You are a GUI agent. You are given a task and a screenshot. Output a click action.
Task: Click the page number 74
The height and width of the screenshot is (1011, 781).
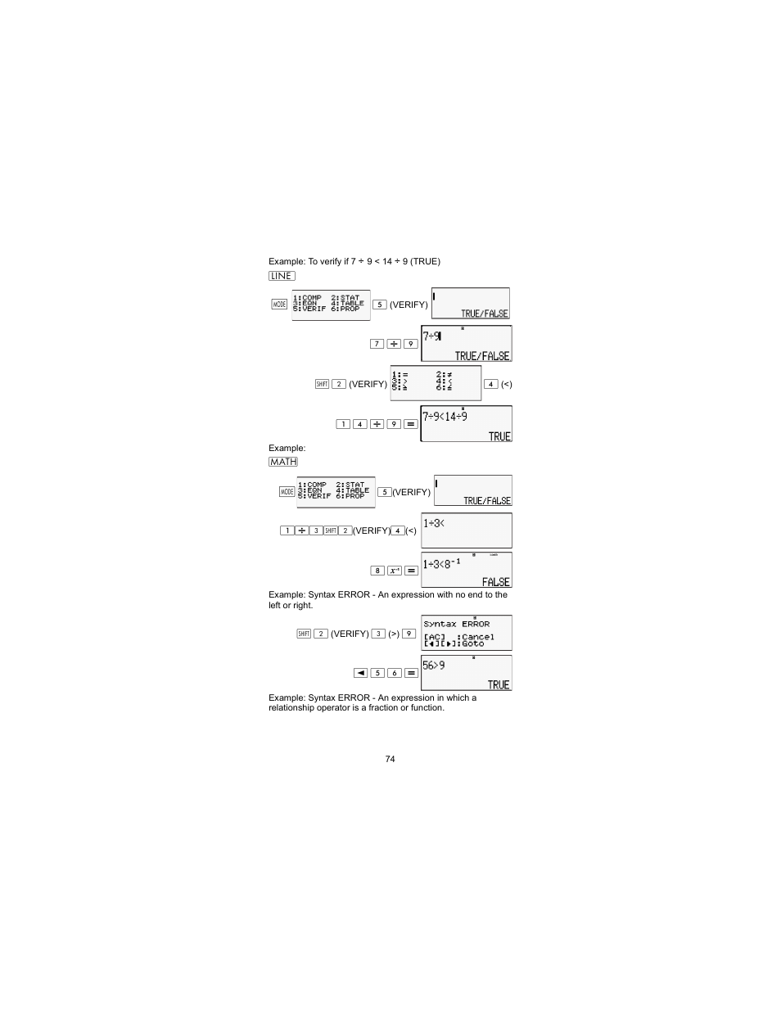click(x=390, y=759)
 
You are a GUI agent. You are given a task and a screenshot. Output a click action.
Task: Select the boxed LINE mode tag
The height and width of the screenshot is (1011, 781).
click(x=282, y=276)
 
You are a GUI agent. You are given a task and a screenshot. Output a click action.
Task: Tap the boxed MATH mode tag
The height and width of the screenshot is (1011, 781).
click(x=283, y=462)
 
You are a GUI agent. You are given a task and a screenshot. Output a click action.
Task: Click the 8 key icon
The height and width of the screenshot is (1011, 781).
click(x=377, y=571)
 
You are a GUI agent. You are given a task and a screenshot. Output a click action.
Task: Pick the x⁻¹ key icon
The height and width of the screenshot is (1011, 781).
click(x=395, y=571)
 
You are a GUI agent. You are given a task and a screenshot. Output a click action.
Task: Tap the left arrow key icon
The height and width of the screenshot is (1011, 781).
click(x=360, y=673)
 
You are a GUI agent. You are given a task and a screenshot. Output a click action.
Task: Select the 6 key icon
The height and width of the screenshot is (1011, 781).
click(x=395, y=673)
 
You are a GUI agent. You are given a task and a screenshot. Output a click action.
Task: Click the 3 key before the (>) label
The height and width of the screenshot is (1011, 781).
click(x=378, y=634)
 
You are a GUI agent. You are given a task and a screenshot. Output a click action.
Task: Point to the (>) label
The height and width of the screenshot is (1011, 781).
click(x=394, y=634)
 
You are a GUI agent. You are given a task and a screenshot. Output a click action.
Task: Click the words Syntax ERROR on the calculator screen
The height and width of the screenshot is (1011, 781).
click(x=456, y=624)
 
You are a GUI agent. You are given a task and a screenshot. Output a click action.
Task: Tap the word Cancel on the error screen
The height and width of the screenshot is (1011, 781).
click(x=477, y=637)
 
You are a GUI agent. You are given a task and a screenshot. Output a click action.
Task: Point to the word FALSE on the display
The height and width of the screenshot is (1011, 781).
click(x=495, y=582)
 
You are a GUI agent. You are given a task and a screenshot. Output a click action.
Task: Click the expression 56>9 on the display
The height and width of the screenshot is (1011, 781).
click(x=434, y=666)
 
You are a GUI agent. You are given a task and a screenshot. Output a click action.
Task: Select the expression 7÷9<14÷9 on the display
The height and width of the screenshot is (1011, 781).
click(x=445, y=417)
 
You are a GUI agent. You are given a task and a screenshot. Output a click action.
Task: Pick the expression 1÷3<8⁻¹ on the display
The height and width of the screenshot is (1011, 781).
click(x=442, y=564)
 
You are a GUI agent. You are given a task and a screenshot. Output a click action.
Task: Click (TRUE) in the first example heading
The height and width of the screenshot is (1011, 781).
click(x=425, y=262)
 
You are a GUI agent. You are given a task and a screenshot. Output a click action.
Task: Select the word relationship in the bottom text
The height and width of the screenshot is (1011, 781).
click(x=291, y=707)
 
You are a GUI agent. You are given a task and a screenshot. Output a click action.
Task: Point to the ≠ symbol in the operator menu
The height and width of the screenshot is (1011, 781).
click(x=448, y=374)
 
